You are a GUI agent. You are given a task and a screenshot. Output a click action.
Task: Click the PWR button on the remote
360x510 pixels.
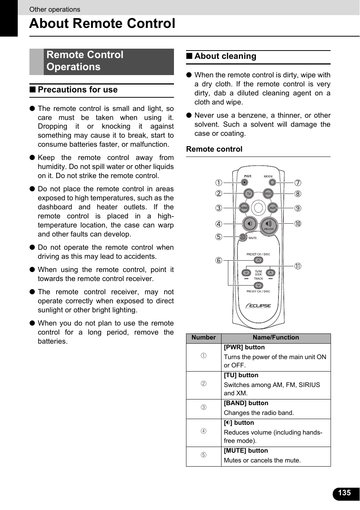(245, 183)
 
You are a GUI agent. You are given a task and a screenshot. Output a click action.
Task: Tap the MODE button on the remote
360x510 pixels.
(272, 183)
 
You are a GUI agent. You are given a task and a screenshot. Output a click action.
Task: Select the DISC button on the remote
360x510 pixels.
(268, 194)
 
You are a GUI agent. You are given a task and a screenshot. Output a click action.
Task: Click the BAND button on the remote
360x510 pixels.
(245, 208)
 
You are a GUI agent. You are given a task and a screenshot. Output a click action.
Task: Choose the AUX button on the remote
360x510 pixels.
(272, 208)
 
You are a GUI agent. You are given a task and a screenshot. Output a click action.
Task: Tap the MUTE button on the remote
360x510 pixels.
(243, 237)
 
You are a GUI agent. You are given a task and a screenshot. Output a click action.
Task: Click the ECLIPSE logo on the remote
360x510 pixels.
(259, 306)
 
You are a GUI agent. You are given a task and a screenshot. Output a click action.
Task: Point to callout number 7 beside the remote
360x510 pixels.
(298, 183)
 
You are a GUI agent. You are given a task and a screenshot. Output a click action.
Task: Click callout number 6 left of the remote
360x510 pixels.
(219, 260)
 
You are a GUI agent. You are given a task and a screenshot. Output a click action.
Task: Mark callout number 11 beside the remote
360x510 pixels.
(298, 266)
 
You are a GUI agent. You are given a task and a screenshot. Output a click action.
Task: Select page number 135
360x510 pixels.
(344, 493)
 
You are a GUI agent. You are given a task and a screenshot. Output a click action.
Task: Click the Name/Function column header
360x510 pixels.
(275, 338)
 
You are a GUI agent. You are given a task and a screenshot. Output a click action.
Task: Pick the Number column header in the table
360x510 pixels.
(203, 338)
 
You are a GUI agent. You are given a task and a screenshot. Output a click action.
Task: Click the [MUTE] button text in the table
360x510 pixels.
(246, 451)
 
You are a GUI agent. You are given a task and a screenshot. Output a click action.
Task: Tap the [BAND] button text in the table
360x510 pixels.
(246, 403)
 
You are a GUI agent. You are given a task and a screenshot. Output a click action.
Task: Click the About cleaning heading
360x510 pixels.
(225, 56)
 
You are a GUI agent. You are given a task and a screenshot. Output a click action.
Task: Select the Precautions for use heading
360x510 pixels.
(77, 90)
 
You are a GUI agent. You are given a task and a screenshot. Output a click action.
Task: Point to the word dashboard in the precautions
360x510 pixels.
(55, 207)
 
